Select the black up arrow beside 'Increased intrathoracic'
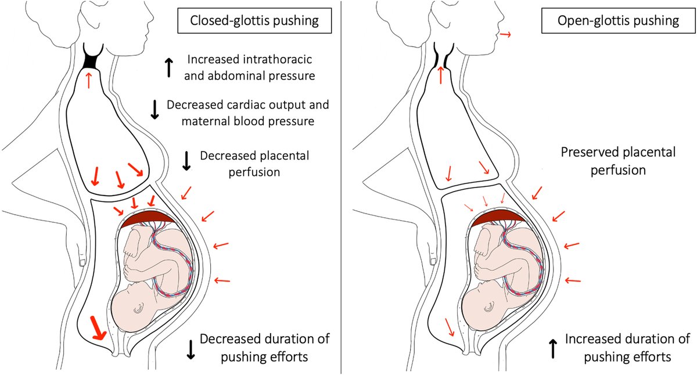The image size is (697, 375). coord(168,67)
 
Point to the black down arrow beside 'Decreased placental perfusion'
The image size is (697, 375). coord(186,161)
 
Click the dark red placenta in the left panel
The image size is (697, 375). coord(148,219)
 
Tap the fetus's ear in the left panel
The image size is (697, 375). coord(138,311)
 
